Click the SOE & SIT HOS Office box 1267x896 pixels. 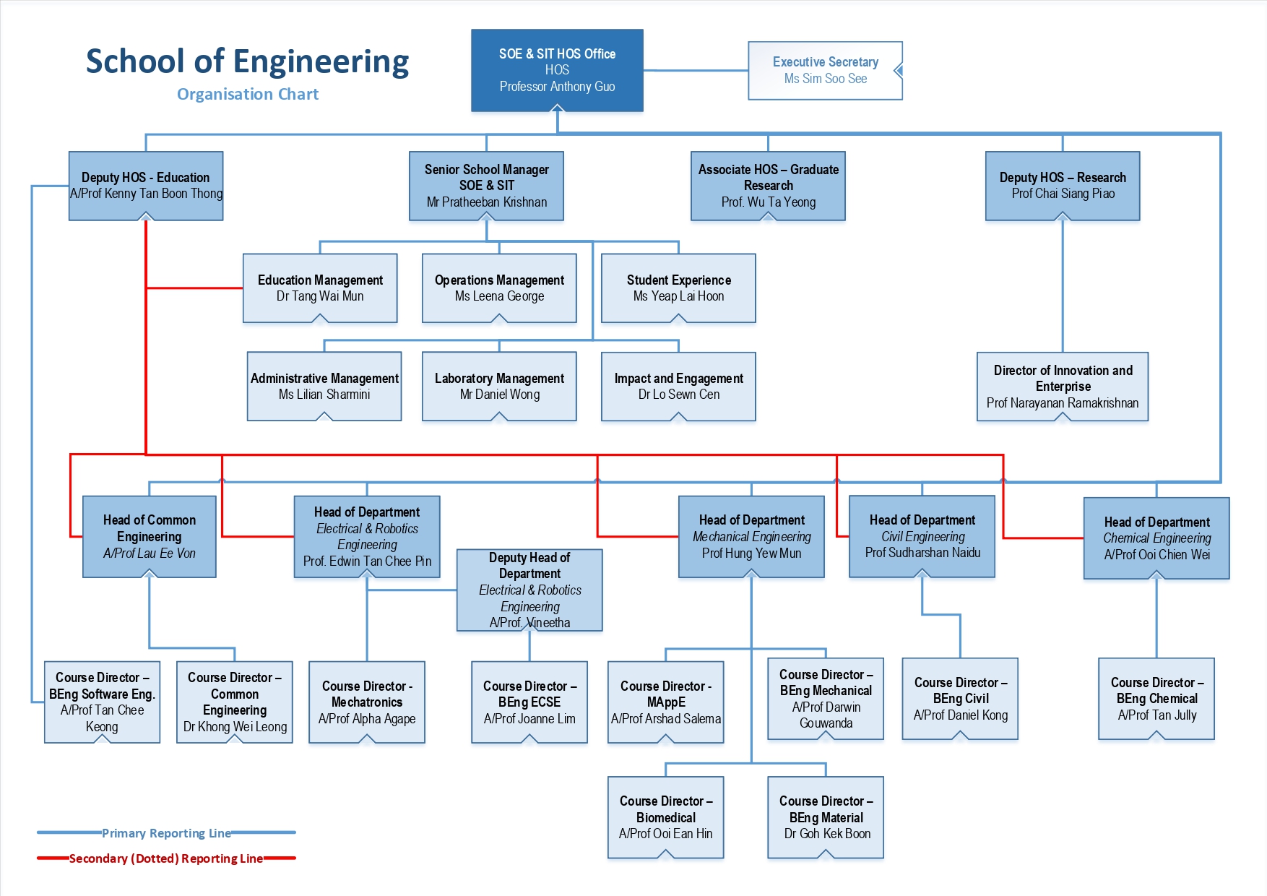(557, 70)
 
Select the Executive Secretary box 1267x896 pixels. (825, 70)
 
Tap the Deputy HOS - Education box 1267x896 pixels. (146, 186)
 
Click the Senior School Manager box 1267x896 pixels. (486, 186)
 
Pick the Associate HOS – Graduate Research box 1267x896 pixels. (768, 186)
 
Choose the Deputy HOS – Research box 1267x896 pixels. (1063, 186)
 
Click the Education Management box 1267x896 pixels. (320, 288)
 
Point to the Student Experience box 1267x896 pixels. (678, 288)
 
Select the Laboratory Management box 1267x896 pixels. (499, 386)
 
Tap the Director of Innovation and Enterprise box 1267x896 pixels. (1063, 387)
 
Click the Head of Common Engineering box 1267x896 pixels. (150, 536)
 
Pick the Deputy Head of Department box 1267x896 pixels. (529, 590)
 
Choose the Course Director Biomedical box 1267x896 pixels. (666, 817)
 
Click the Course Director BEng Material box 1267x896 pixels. (826, 817)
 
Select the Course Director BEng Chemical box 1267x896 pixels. (1156, 699)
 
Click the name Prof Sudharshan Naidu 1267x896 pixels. (922, 553)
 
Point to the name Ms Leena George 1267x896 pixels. (499, 296)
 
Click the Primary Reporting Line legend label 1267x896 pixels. (166, 833)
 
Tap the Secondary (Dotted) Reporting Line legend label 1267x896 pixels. (166, 858)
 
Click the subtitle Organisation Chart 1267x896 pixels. (248, 94)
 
